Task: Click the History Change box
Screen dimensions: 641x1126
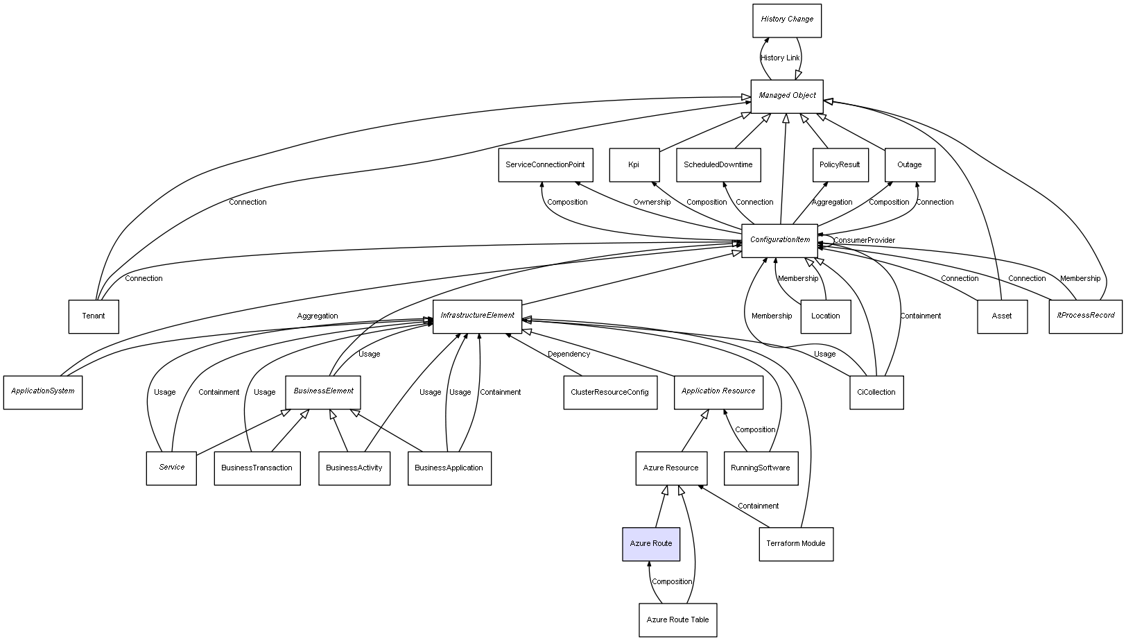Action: [787, 20]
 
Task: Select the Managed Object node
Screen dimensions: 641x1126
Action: [787, 96]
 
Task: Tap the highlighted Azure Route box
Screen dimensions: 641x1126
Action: [651, 544]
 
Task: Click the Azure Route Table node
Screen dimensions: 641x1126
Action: [677, 619]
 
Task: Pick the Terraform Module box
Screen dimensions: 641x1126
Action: [796, 544]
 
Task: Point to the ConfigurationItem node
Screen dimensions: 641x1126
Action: [780, 241]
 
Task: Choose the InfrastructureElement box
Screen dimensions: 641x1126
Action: [478, 316]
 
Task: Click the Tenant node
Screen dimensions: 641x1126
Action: [94, 316]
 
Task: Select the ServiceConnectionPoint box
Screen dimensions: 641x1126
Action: [545, 165]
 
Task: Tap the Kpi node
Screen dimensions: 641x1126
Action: [634, 165]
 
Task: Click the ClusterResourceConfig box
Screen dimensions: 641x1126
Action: [609, 393]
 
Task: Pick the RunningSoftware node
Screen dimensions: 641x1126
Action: [761, 468]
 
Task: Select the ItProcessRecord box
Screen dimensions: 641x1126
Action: [1085, 316]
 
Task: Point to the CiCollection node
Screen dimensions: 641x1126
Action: [876, 393]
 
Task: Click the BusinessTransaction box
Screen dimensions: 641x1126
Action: [257, 468]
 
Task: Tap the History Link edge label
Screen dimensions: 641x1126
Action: [780, 58]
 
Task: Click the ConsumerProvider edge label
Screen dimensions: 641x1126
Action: [864, 241]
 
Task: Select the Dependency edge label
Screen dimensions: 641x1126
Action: [569, 354]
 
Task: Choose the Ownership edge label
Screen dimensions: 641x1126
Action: [652, 203]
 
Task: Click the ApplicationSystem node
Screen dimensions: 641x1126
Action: [43, 392]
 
